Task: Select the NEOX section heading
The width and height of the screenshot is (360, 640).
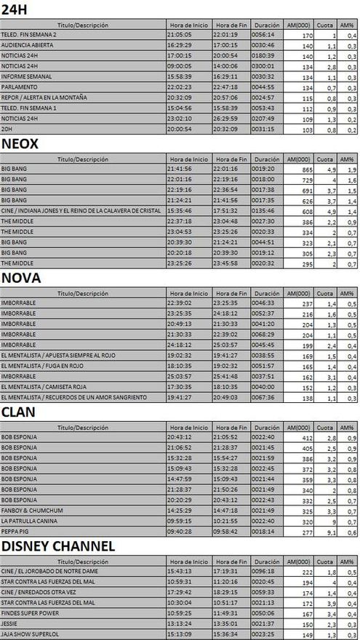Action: tap(20, 143)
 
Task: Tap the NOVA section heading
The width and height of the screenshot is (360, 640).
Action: tap(21, 278)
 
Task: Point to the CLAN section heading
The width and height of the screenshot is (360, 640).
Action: tap(20, 412)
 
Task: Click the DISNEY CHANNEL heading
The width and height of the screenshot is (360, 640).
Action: tap(57, 545)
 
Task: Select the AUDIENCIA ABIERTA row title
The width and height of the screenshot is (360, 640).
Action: tap(27, 44)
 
